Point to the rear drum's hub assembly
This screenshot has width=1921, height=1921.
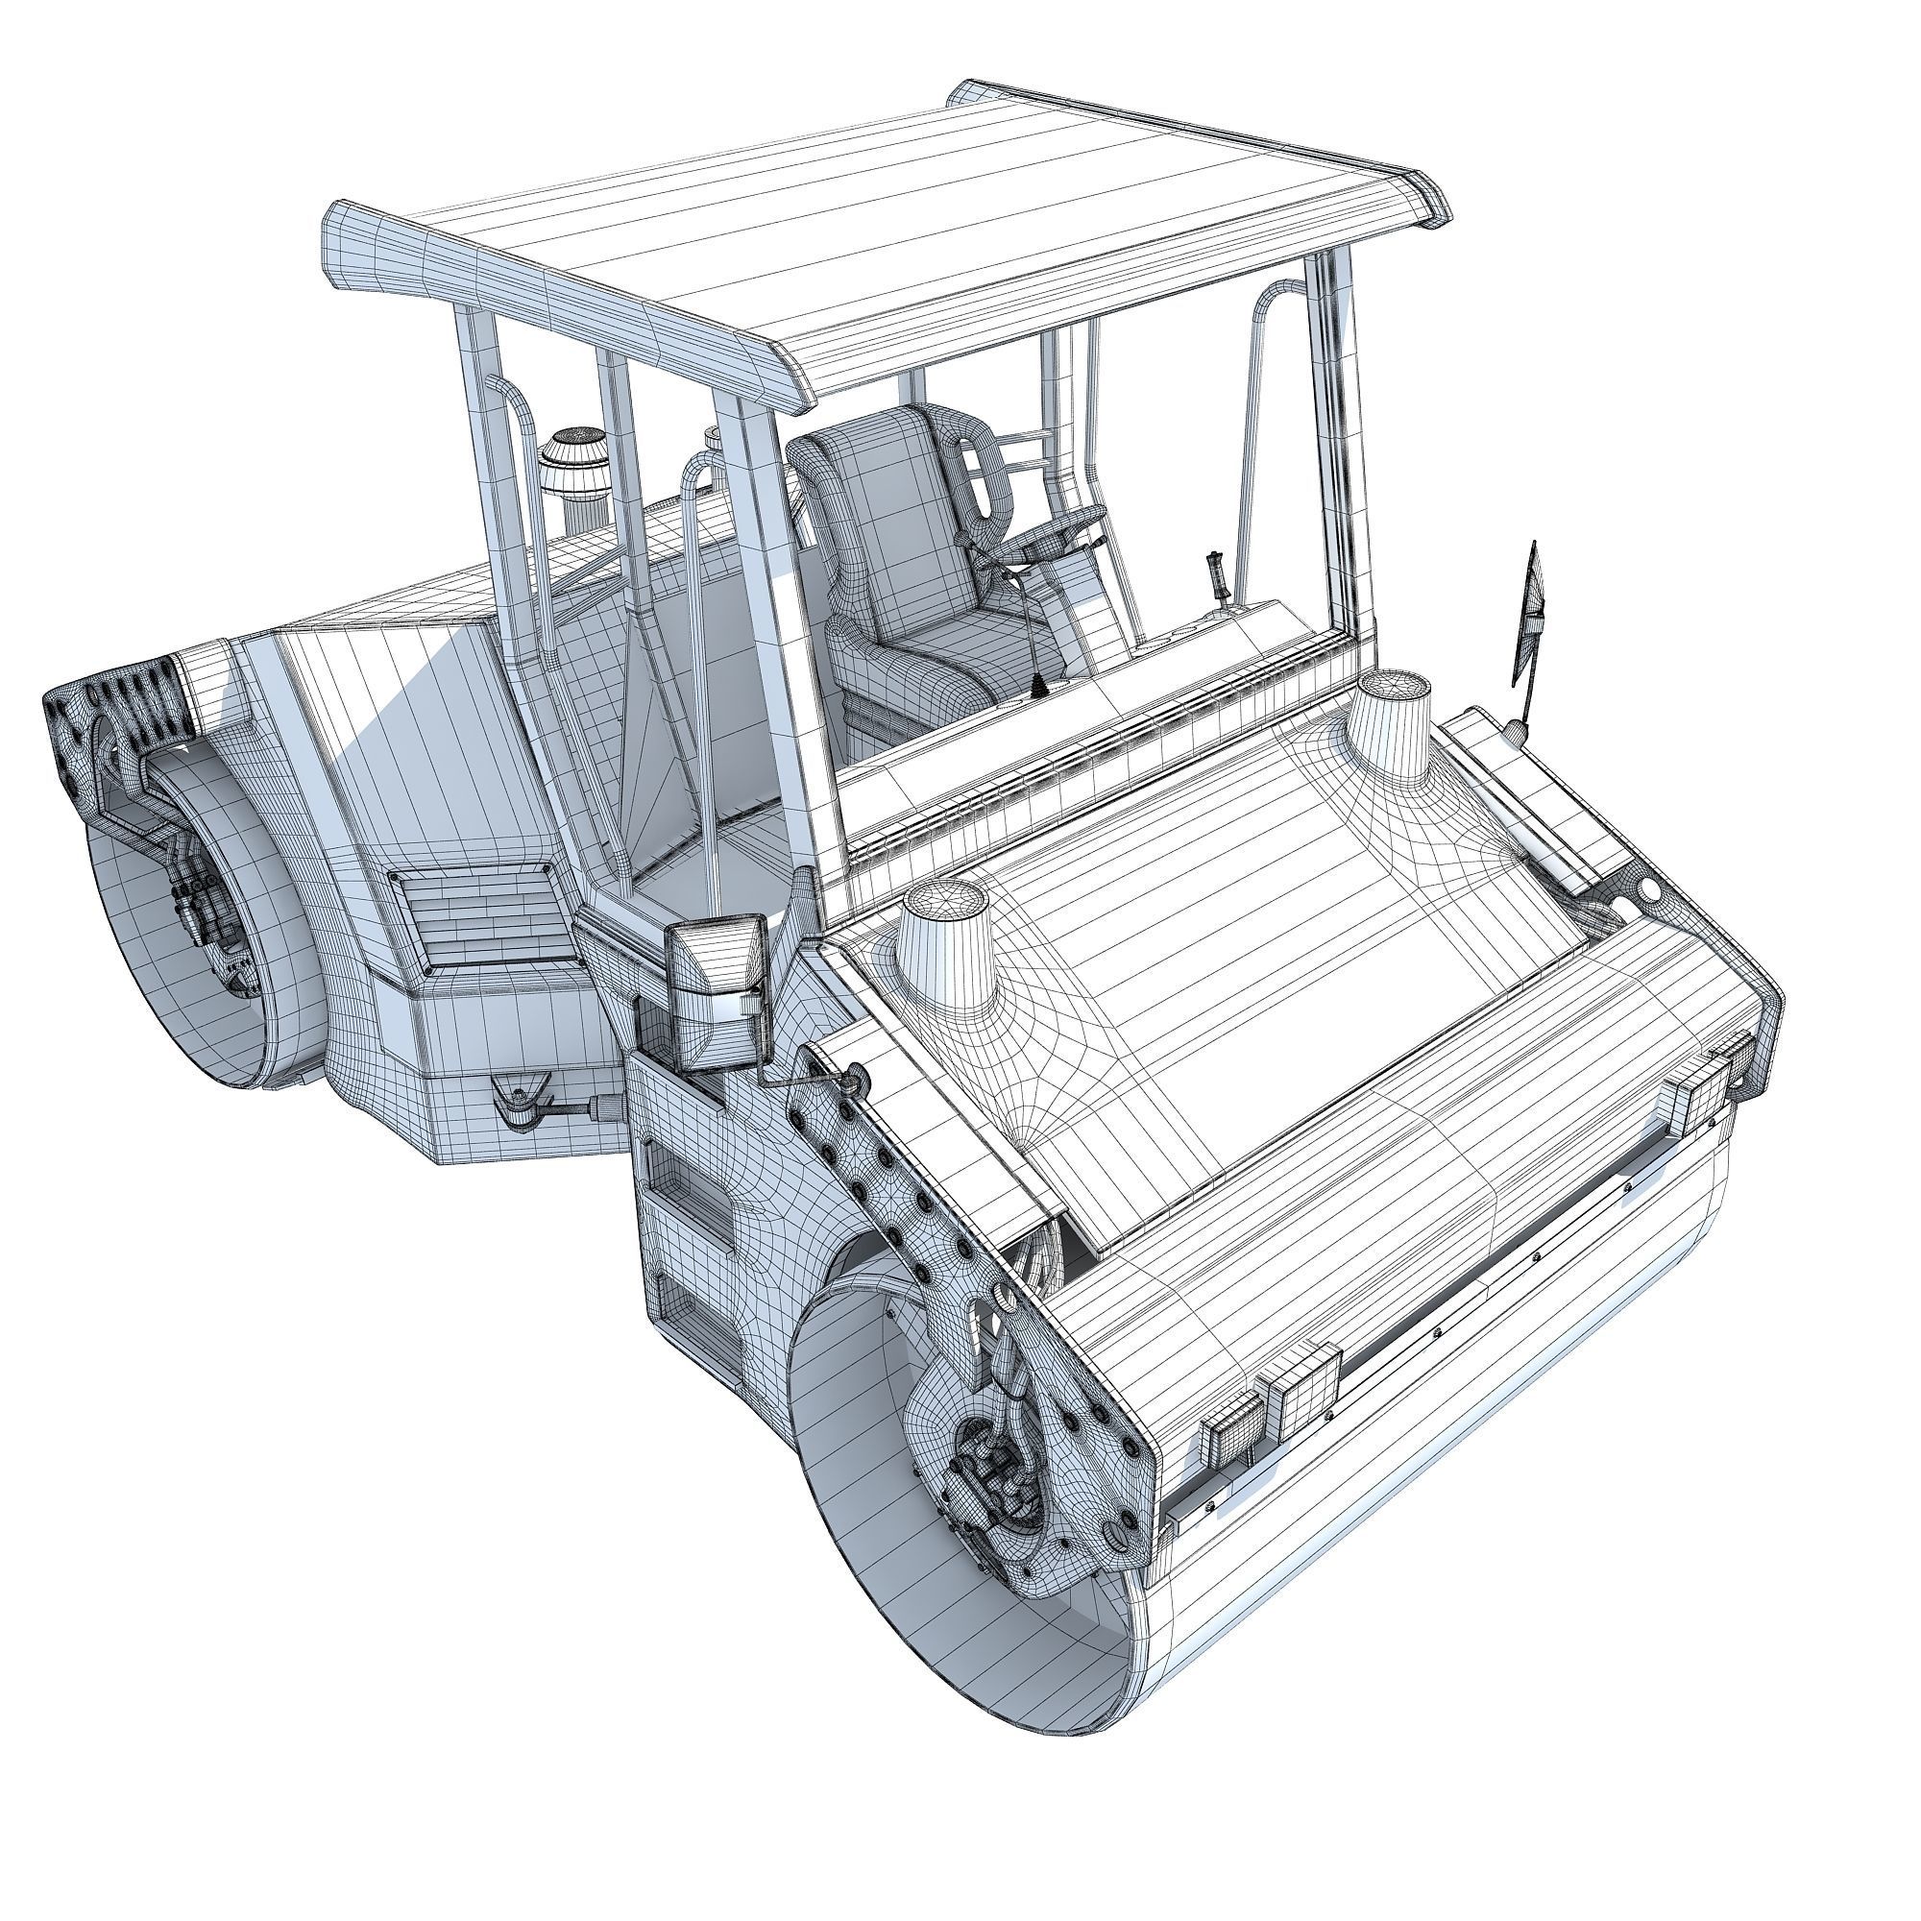204,905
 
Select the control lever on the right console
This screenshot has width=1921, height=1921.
1216,576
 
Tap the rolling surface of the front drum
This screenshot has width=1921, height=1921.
1492,1492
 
